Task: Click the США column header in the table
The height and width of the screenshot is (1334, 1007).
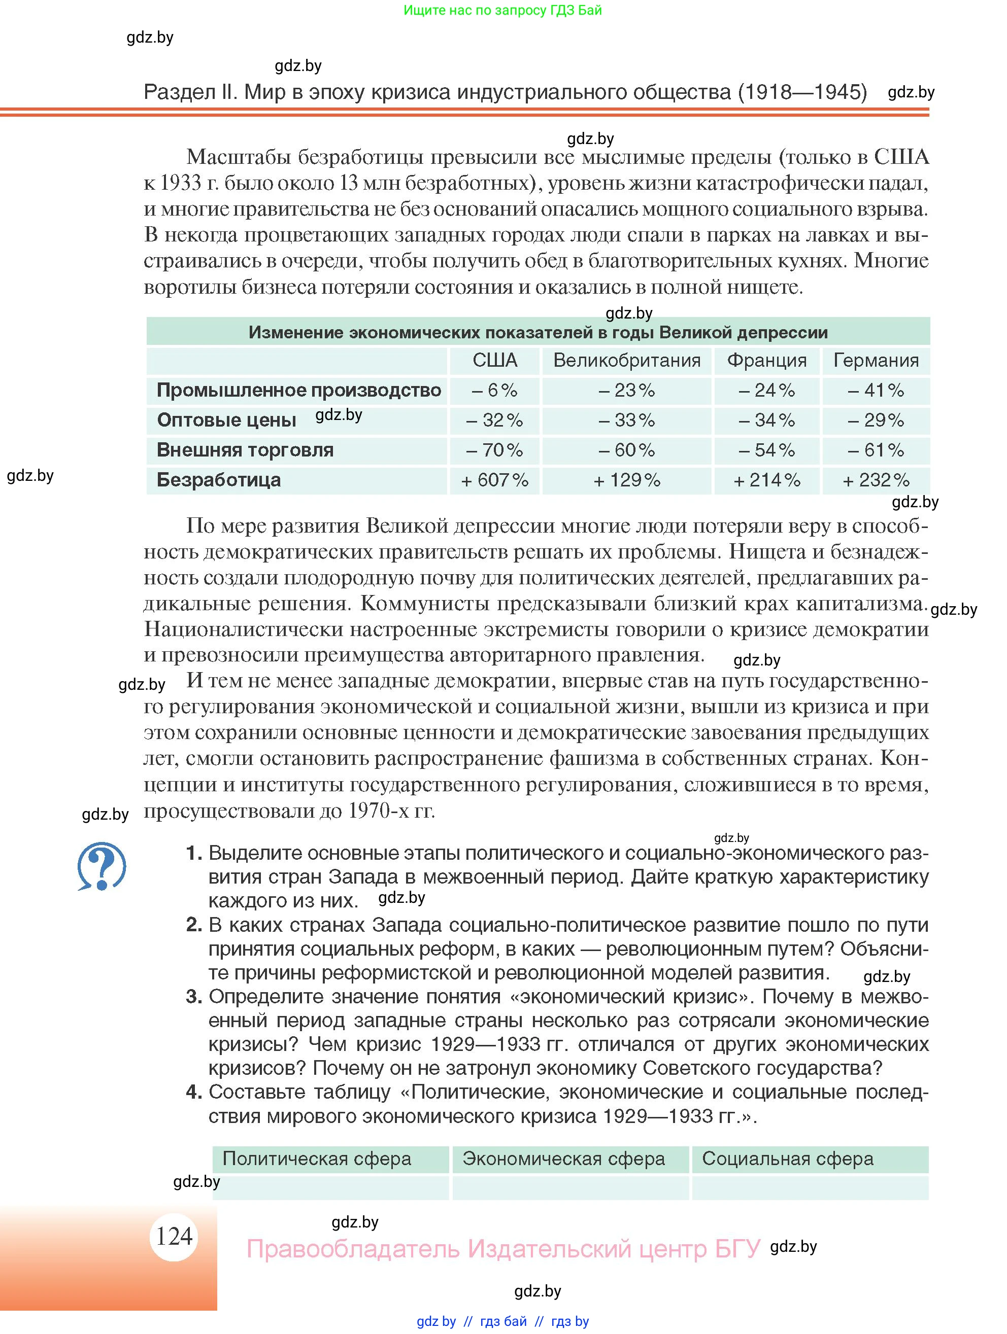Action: (494, 360)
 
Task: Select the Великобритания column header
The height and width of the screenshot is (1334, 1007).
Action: (626, 360)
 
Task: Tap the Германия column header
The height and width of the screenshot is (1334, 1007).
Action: (876, 360)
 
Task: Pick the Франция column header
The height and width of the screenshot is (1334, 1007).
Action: (766, 360)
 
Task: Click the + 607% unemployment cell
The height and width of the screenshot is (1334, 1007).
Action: (494, 480)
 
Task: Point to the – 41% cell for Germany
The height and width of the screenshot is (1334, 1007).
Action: (876, 390)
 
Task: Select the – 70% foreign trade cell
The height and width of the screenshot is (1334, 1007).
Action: (494, 450)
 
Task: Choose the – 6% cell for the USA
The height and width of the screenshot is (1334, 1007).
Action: (494, 390)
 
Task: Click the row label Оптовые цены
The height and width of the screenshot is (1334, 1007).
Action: (226, 420)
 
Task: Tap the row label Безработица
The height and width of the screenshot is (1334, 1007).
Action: (218, 480)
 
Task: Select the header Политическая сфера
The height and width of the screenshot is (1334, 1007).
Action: (317, 1159)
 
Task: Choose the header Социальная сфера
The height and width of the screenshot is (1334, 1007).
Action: (787, 1159)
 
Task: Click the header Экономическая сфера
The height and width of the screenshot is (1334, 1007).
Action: (563, 1159)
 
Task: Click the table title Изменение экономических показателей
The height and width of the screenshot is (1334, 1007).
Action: (538, 332)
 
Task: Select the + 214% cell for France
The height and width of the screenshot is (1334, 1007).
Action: (766, 480)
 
